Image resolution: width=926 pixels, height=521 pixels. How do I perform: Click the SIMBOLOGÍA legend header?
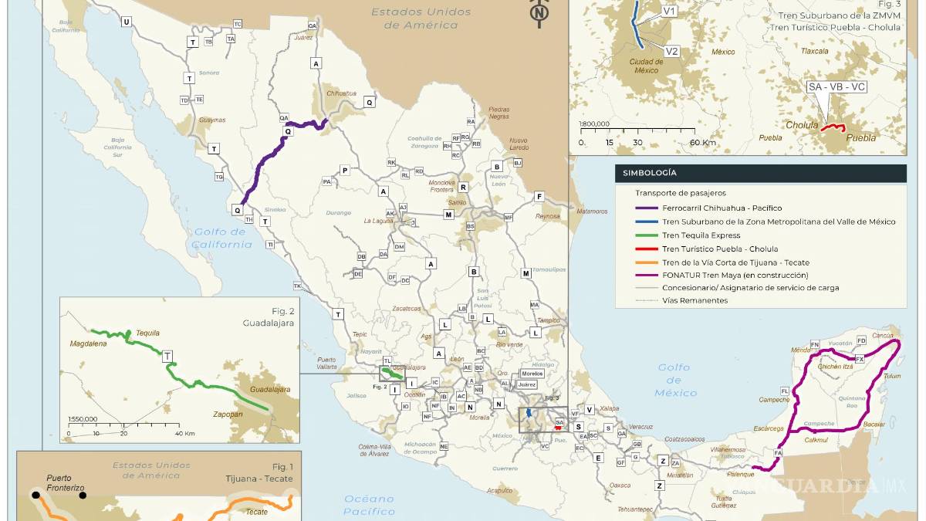646,173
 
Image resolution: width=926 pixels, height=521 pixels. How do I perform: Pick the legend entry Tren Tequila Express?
701,235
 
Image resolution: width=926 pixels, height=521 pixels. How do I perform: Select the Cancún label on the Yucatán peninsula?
883,336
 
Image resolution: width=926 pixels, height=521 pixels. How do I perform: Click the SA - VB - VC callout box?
836,87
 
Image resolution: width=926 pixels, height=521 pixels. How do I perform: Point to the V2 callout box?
671,52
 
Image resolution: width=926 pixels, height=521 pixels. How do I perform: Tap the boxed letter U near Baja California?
125,22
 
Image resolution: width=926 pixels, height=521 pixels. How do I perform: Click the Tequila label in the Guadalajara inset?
147,333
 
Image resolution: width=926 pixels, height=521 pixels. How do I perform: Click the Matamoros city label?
592,211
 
